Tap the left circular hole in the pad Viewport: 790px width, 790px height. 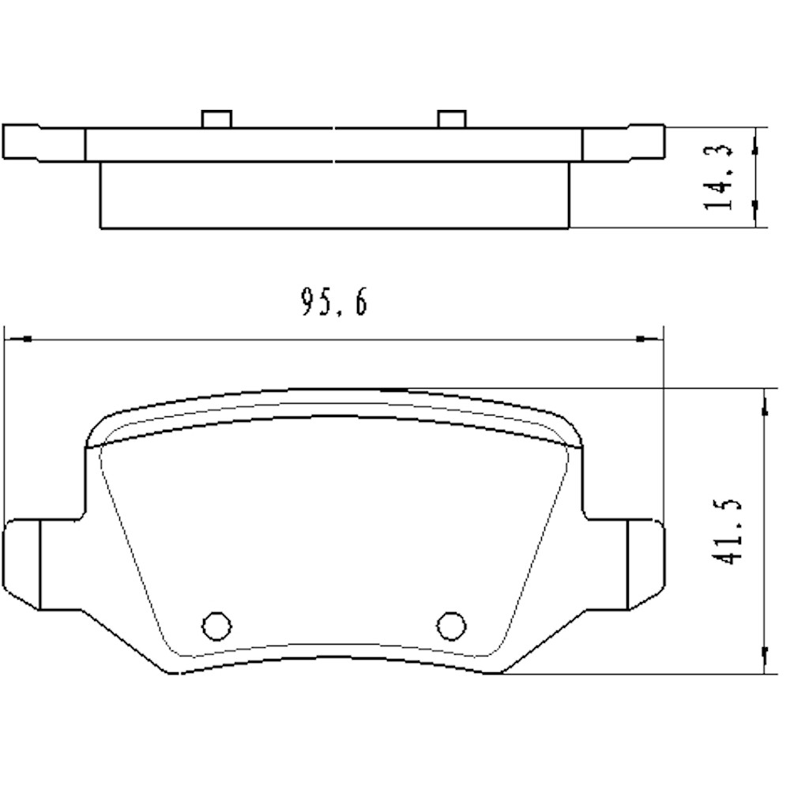215,625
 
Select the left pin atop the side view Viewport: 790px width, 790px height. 216,118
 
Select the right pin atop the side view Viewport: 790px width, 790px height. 450,118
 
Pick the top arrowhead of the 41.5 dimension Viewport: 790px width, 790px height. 764,406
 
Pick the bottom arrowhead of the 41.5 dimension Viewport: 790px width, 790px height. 764,654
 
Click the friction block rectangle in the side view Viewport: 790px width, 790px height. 334,195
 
